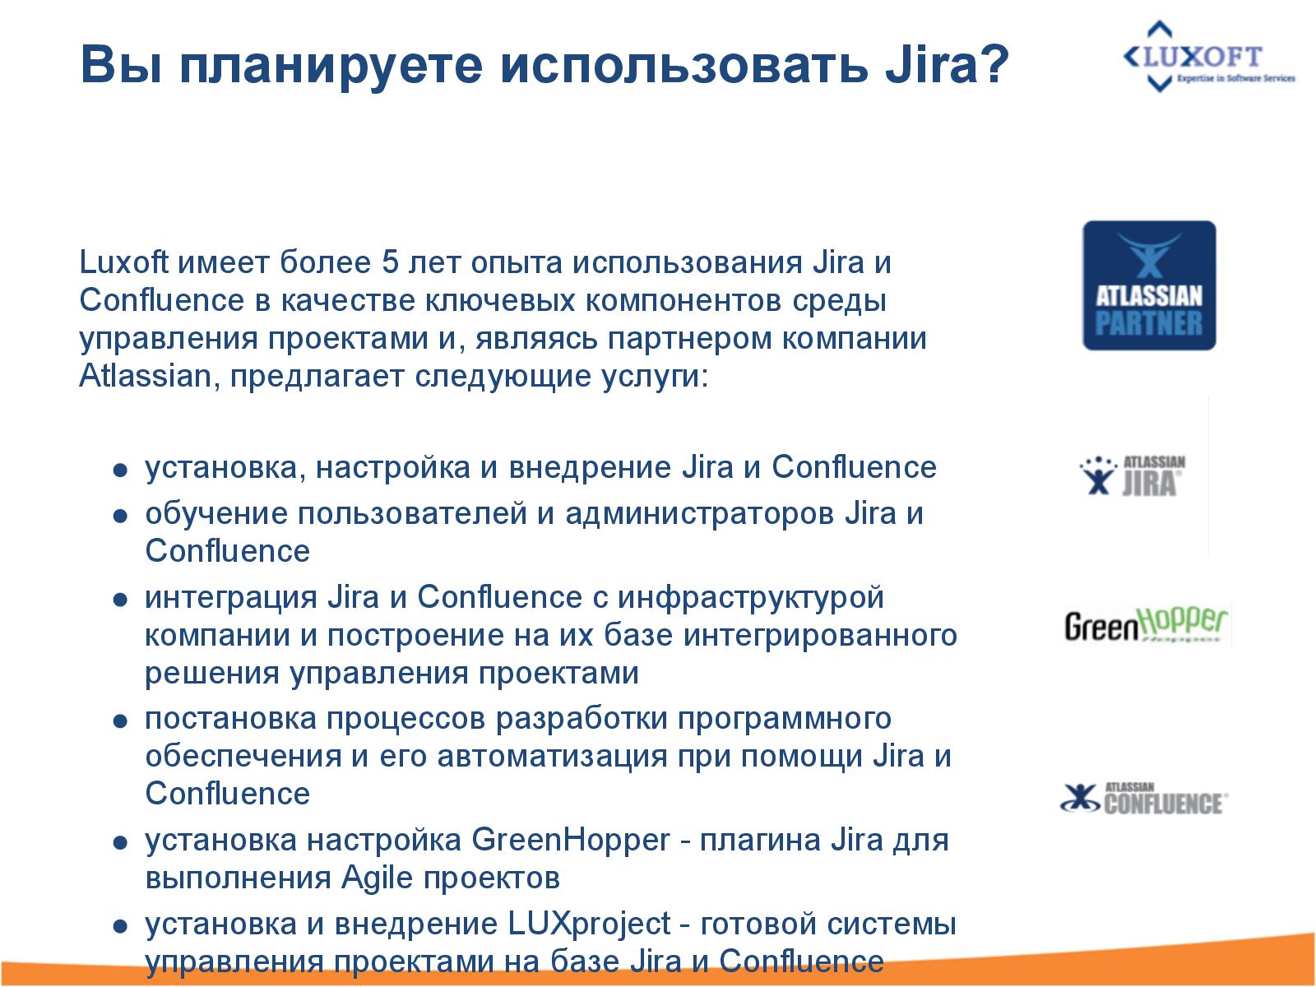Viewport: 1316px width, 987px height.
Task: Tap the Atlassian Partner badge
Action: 1148,285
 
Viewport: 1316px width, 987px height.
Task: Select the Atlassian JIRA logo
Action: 1133,475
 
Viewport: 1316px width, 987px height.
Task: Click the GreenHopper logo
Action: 1146,625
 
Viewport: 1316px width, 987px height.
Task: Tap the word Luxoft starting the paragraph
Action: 123,263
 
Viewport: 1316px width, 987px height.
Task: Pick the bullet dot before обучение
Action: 120,517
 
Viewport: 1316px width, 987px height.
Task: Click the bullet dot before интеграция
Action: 120,600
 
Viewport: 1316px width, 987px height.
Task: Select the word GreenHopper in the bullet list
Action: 571,841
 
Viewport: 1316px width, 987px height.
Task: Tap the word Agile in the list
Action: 376,878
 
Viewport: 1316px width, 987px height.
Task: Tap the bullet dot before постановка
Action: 120,721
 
